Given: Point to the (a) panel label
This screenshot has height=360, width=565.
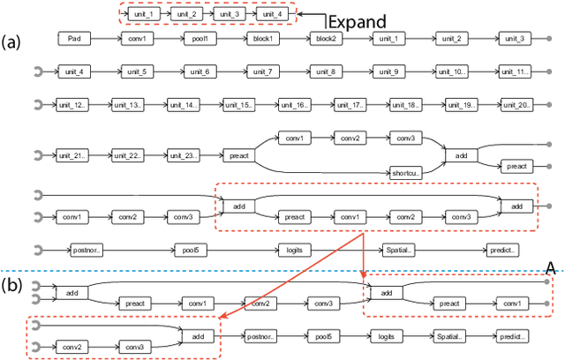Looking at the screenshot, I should click(x=12, y=41).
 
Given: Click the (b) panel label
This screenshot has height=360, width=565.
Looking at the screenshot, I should click(x=12, y=285).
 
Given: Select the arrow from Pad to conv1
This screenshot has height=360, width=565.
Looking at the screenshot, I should click(x=107, y=39).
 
